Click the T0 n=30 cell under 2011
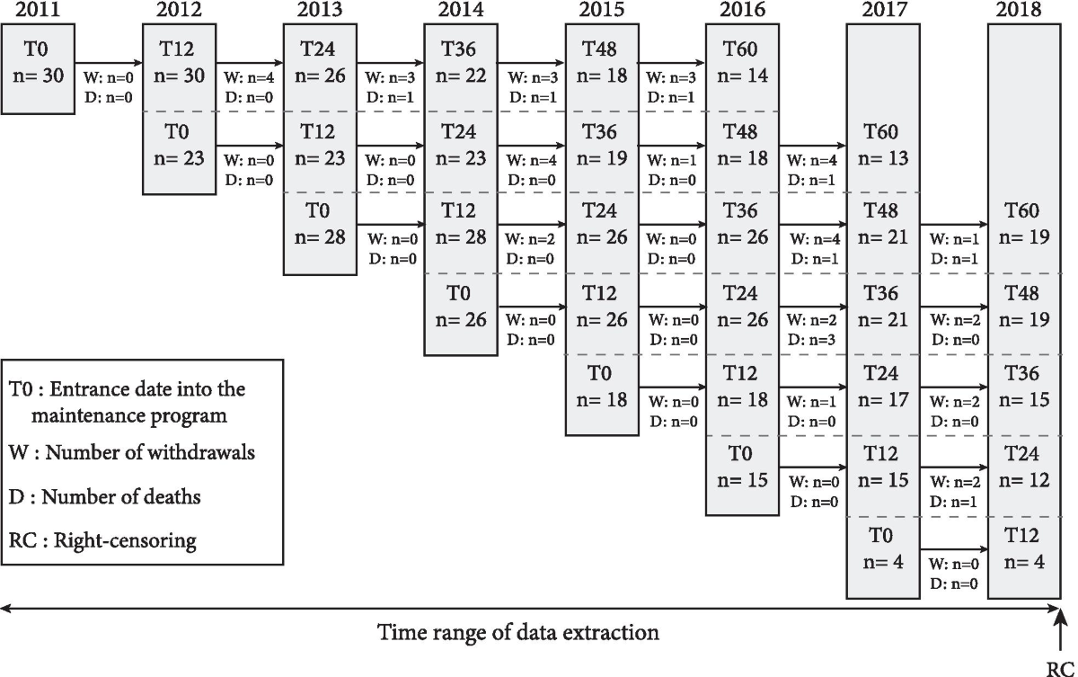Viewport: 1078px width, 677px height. click(37, 67)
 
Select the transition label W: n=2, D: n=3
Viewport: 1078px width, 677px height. click(812, 330)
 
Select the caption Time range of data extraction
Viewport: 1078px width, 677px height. click(518, 632)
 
